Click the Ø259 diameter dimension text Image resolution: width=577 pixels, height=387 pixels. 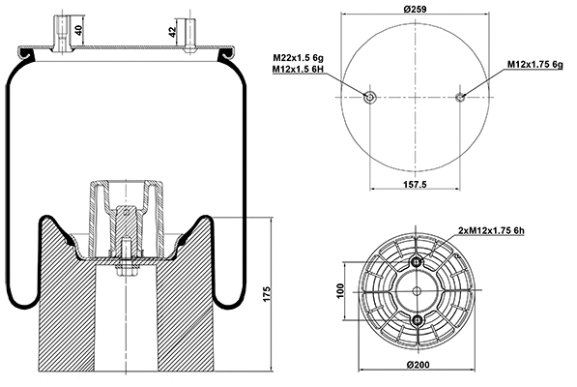417,10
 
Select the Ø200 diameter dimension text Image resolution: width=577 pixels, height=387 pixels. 418,364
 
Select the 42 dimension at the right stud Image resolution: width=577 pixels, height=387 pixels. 172,31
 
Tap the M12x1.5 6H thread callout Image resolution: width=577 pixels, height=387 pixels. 299,70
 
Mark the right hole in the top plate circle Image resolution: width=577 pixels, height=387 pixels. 461,97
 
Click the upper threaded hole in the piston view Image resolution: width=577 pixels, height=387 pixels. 418,265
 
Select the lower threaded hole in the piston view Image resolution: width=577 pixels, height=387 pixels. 418,321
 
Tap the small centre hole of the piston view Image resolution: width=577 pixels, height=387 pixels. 418,293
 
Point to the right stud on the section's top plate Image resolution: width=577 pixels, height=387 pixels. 186,29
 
